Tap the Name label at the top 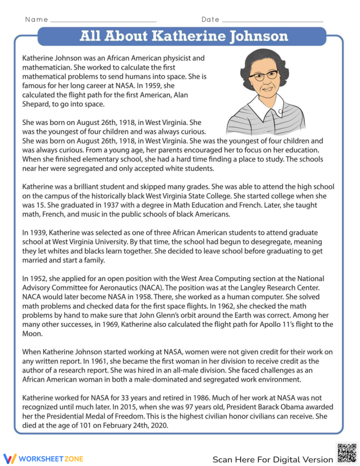tap(37, 20)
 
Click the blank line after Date tap(272, 20)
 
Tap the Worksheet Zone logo tap(43, 458)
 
